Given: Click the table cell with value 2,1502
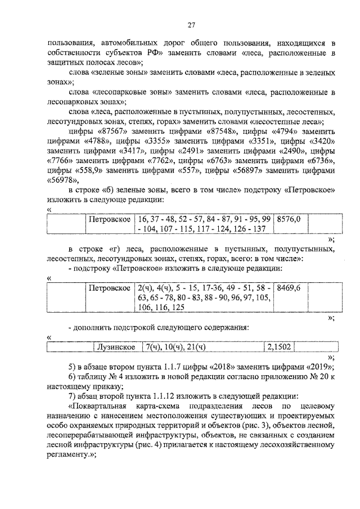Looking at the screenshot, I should coord(279,347).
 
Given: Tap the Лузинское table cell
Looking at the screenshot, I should coord(116,347).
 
